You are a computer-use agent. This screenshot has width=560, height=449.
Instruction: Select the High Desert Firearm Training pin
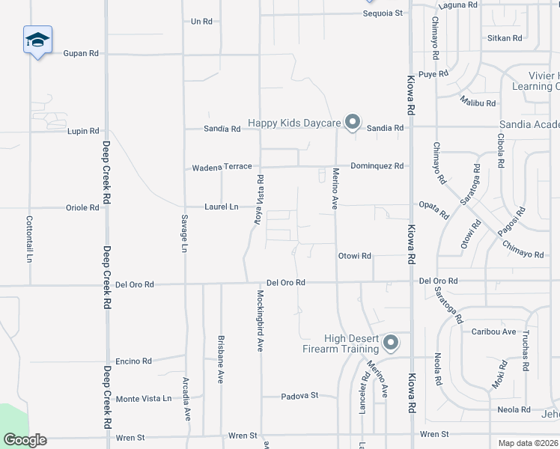(390, 343)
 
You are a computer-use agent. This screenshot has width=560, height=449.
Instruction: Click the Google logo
(25, 440)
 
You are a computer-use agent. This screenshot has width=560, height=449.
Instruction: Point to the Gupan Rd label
(82, 54)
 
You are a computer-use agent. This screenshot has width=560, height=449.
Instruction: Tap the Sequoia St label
(383, 13)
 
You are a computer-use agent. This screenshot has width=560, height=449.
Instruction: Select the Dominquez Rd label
(377, 166)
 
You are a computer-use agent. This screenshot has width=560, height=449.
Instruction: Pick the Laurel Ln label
(222, 207)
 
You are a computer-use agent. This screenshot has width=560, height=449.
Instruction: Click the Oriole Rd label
(82, 207)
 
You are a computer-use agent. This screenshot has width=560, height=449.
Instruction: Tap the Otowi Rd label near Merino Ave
(355, 256)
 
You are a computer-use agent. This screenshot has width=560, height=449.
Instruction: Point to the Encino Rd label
(134, 361)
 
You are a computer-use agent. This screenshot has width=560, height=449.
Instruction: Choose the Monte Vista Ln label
(144, 399)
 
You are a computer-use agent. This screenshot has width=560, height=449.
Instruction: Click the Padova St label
(299, 395)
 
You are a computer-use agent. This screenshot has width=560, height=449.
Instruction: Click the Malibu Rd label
(478, 103)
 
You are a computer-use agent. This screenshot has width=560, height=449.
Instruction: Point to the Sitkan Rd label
(505, 37)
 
